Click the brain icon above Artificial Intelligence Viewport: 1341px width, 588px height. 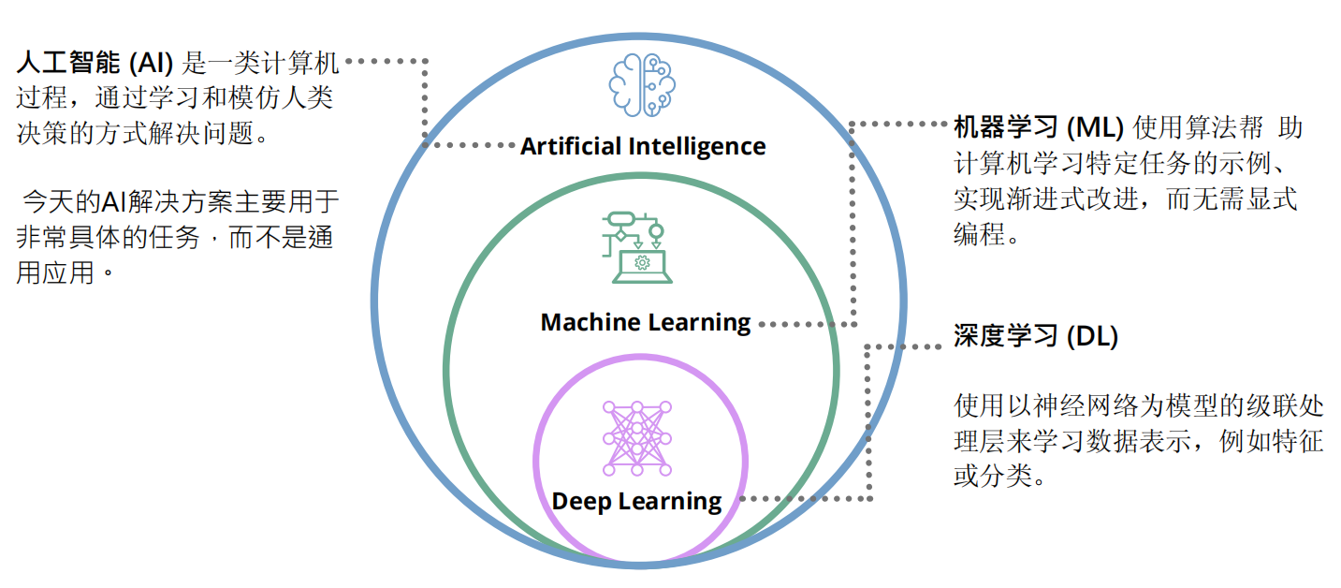click(642, 84)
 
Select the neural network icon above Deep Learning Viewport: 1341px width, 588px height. click(637, 434)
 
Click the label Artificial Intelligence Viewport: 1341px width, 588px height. click(643, 147)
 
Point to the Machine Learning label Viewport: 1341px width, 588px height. click(646, 323)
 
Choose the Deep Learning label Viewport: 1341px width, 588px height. click(636, 501)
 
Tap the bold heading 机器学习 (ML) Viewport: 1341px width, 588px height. click(1038, 126)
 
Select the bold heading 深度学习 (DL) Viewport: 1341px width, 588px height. click(1036, 336)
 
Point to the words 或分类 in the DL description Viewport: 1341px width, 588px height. click(991, 475)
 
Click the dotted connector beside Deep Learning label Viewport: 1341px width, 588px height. click(805, 499)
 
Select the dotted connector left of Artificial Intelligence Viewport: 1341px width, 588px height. click(468, 145)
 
